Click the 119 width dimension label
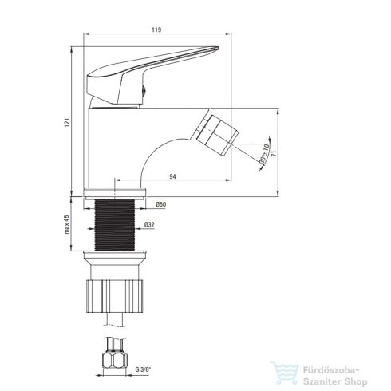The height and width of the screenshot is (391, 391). (156, 30)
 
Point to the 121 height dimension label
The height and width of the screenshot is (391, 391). (67, 122)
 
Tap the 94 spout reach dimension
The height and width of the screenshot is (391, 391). (173, 176)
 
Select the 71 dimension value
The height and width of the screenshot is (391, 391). (274, 153)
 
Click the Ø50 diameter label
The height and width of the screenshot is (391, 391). (161, 204)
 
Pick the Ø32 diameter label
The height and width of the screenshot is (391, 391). (149, 225)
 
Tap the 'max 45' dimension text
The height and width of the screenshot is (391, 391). (67, 224)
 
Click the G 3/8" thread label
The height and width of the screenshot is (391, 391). (143, 369)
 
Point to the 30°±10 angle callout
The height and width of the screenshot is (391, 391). (264, 154)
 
